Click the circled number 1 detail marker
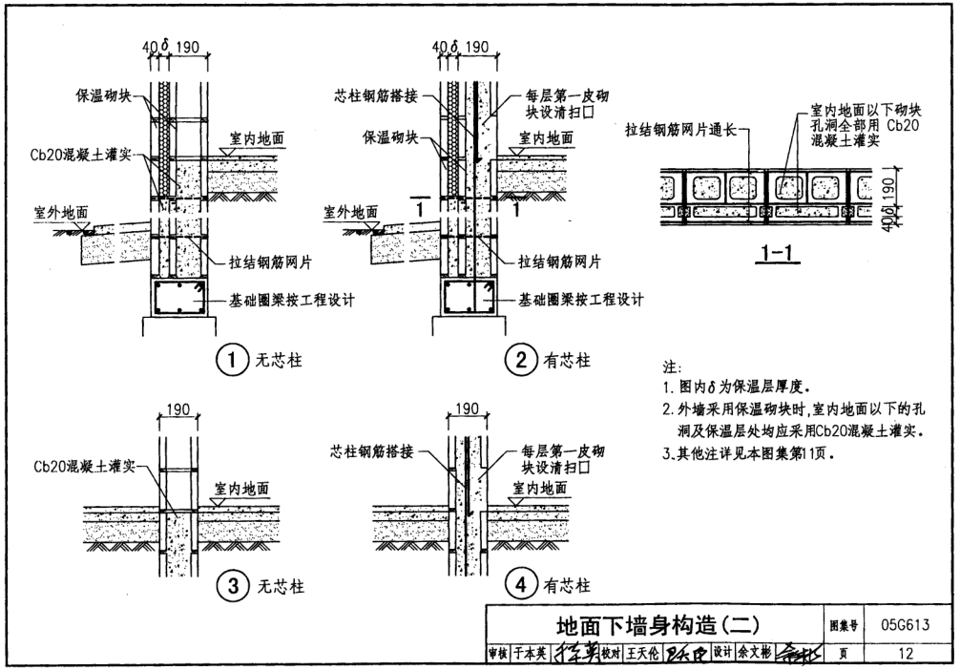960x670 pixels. pos(230,361)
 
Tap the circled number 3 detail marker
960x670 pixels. pos(230,586)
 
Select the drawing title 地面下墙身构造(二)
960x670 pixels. pos(658,625)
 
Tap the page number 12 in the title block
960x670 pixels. pos(906,654)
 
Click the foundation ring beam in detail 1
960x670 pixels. pos(178,300)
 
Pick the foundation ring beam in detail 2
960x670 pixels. pos(469,300)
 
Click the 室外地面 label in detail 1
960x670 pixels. pos(50,212)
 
